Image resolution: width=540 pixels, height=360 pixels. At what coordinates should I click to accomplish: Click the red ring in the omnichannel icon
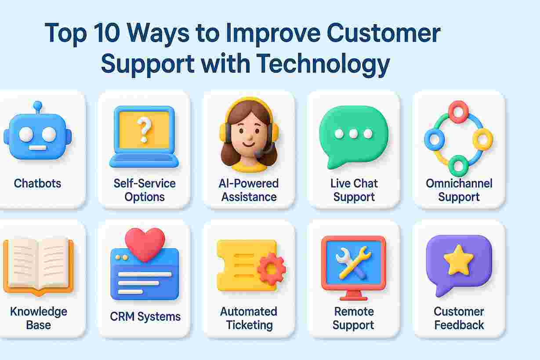[x=459, y=112]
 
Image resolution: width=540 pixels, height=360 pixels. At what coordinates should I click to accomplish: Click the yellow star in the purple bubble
[x=458, y=261]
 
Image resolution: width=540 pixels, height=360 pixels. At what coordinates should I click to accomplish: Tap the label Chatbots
[x=38, y=183]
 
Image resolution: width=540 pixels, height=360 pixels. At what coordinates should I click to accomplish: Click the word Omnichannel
[x=459, y=183]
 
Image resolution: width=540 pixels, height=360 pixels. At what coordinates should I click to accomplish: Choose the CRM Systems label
[x=145, y=316]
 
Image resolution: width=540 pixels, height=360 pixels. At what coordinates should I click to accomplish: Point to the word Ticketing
[x=249, y=325]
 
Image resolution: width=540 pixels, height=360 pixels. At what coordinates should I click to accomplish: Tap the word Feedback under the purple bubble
[x=459, y=325]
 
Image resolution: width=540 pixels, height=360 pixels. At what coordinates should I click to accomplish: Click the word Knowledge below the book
[x=38, y=312]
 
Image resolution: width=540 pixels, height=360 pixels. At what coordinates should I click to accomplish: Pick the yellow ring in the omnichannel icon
[x=482, y=139]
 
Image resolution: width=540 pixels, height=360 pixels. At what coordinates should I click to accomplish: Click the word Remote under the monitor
[x=354, y=312]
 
